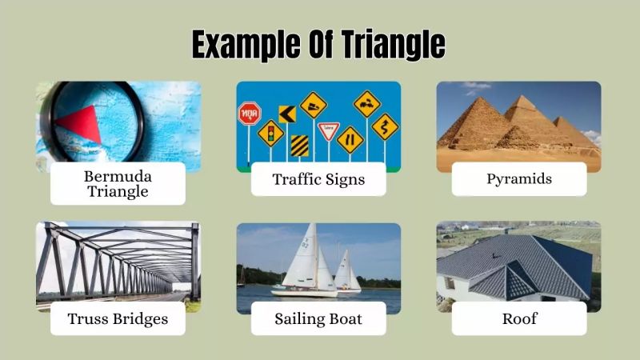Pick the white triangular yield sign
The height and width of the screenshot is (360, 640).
click(x=329, y=130)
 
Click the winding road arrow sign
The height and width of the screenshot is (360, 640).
click(x=385, y=126)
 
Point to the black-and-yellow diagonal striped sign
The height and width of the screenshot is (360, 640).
click(x=300, y=146)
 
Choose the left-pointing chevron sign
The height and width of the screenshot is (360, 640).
click(x=286, y=114)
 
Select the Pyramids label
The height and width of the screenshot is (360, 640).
click(x=519, y=179)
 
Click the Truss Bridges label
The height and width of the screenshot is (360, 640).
click(x=118, y=318)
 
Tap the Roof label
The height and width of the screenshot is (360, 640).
click(x=519, y=318)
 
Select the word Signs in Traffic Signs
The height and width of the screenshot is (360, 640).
click(x=344, y=179)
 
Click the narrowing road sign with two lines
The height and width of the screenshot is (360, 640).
click(x=350, y=140)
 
